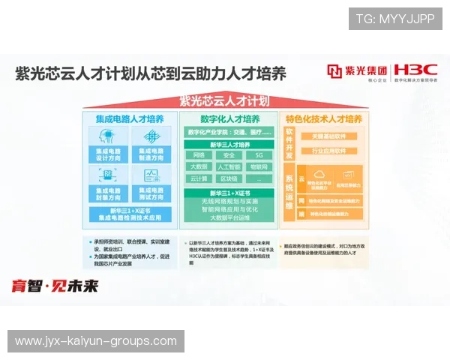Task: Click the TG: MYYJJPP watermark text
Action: (395, 19)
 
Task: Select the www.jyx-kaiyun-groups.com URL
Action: (96, 341)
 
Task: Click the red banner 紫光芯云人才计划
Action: (224, 100)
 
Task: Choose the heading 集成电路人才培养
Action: (129, 119)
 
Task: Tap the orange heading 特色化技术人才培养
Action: (324, 119)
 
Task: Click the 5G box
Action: (259, 155)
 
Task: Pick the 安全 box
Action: (229, 155)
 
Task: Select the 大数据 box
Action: (199, 166)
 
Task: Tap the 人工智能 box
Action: (229, 166)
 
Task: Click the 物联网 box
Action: (259, 166)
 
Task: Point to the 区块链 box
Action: (229, 178)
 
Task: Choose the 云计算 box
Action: (199, 178)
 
